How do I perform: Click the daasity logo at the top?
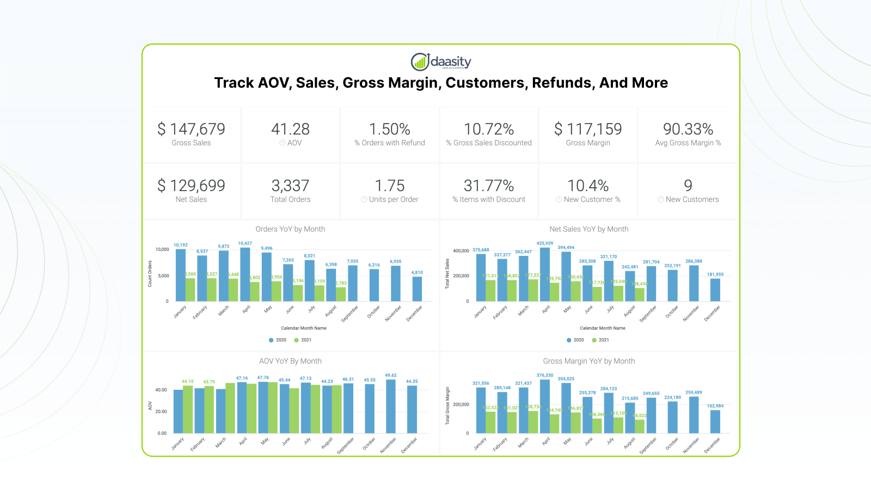pos(441,62)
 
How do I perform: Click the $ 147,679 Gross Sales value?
pos(191,129)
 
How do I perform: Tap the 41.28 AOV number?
pos(290,129)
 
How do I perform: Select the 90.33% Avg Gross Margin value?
pos(688,129)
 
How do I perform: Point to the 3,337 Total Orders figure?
pos(290,186)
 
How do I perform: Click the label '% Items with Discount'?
pos(489,200)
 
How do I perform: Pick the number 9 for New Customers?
pos(688,186)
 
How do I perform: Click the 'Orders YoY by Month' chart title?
pos(290,229)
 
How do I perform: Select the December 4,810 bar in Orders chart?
pos(417,289)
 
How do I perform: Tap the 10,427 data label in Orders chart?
pos(245,243)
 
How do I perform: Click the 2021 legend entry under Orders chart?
pos(303,340)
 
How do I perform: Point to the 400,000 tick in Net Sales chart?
pos(461,251)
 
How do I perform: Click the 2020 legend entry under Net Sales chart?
pos(575,340)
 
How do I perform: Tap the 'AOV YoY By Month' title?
pos(290,361)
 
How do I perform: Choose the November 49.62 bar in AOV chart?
pos(391,406)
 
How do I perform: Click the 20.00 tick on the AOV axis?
pos(161,412)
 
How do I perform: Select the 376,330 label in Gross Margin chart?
pos(545,375)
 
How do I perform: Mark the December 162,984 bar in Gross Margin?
pos(715,421)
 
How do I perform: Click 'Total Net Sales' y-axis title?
pos(447,273)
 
